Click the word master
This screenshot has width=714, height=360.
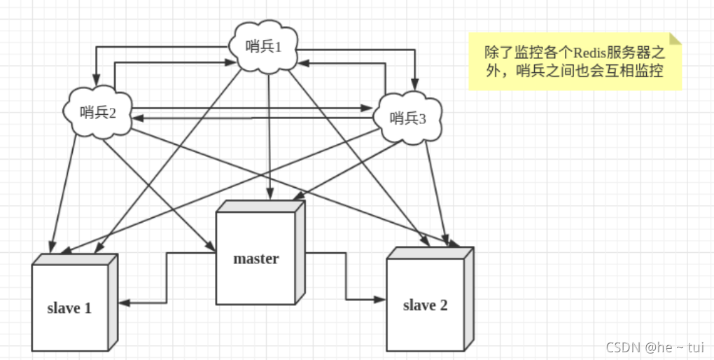click(x=255, y=258)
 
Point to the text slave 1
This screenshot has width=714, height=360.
click(x=69, y=307)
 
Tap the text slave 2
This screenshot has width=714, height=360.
click(x=425, y=305)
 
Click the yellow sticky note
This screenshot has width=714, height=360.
click(x=574, y=62)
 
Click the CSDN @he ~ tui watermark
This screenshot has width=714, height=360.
click(x=654, y=347)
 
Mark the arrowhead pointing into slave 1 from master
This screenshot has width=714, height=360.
click(x=123, y=303)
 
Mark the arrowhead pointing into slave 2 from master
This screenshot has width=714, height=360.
click(x=381, y=299)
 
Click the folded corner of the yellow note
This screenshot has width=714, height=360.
click(x=674, y=39)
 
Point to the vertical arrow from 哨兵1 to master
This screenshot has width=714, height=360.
click(x=269, y=133)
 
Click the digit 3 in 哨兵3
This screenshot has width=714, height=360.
click(x=422, y=118)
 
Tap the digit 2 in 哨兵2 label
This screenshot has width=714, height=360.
click(x=112, y=112)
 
